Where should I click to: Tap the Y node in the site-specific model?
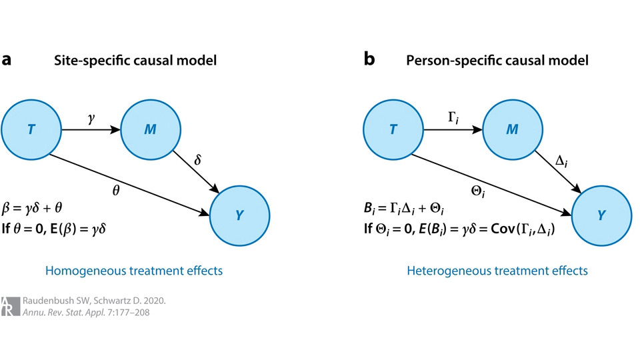240,215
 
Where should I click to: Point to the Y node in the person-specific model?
601,215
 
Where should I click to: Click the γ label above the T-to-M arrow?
91,117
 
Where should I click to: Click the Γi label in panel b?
453,117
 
